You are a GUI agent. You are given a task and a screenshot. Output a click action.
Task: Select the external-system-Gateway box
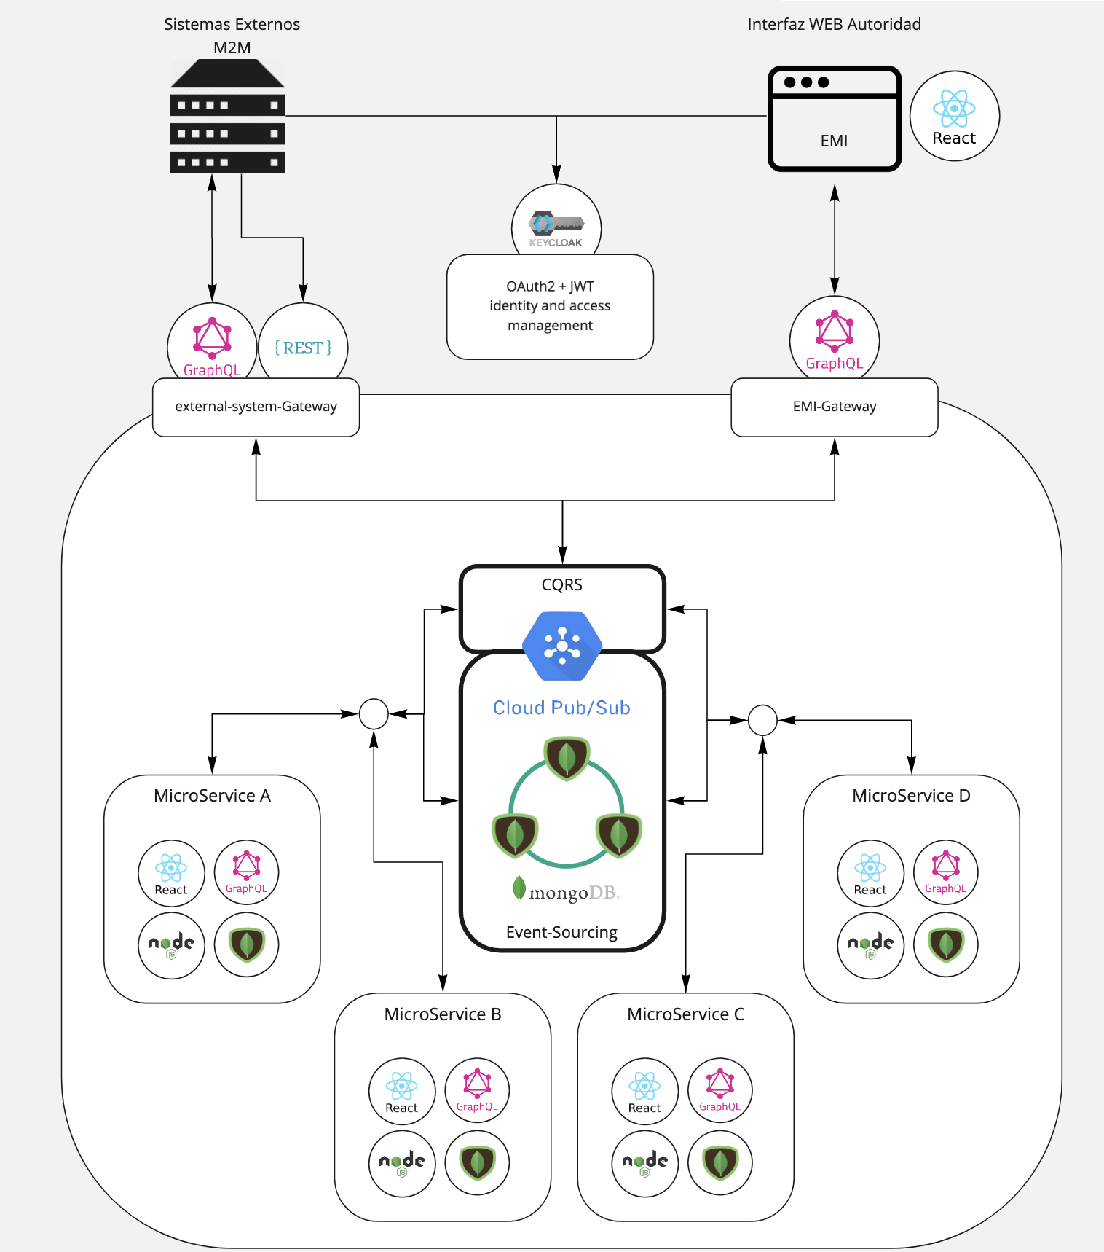[x=256, y=407]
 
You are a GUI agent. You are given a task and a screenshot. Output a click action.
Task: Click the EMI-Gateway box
[x=835, y=407]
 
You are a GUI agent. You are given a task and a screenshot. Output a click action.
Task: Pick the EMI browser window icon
[x=835, y=119]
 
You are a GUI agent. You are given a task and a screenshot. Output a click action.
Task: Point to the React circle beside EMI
[x=954, y=116]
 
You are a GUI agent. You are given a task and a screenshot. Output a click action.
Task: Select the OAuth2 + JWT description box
[x=550, y=306]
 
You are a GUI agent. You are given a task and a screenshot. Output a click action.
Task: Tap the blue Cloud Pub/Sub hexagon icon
[x=562, y=646]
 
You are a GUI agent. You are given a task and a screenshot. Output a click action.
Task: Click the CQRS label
[x=562, y=585]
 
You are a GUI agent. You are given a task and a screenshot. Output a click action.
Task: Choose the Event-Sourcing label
[x=561, y=933]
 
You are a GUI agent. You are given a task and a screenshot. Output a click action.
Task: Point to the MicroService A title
[x=212, y=796]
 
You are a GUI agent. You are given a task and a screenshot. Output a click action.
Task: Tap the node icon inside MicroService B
[x=402, y=1163]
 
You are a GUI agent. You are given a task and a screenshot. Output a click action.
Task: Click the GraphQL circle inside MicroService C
[x=719, y=1090]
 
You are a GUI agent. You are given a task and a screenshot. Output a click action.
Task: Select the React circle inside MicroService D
[x=870, y=873]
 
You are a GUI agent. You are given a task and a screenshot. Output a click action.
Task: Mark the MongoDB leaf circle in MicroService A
[x=247, y=944]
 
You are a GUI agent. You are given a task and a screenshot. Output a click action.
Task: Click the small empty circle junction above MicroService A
[x=374, y=714]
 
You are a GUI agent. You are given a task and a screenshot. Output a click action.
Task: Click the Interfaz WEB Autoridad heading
[x=834, y=25]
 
